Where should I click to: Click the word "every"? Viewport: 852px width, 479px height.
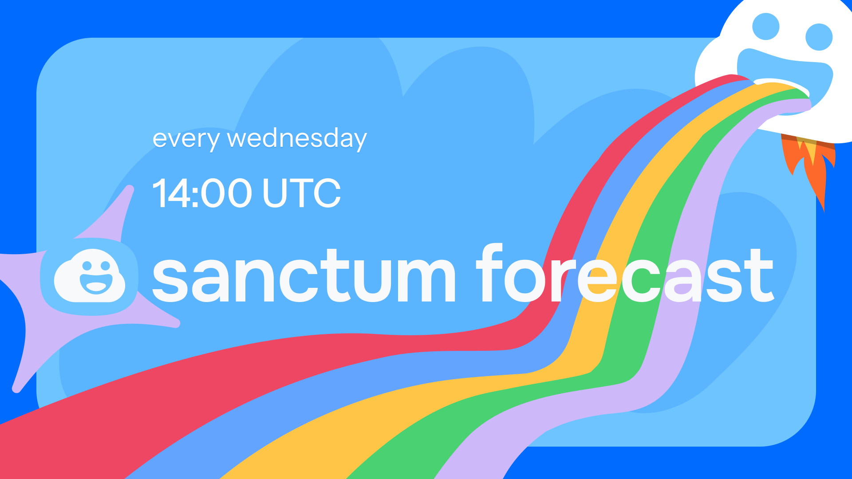(x=185, y=140)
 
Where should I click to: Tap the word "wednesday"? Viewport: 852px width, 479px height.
(x=297, y=139)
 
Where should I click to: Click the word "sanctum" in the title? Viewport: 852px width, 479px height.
(x=304, y=275)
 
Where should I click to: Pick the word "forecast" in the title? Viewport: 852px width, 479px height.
(x=625, y=273)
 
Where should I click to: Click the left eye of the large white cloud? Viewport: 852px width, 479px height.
(x=766, y=27)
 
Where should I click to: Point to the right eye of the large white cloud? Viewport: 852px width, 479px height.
(x=819, y=37)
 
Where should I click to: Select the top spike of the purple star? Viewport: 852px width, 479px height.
(x=130, y=189)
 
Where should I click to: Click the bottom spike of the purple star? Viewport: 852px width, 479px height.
(x=16, y=389)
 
